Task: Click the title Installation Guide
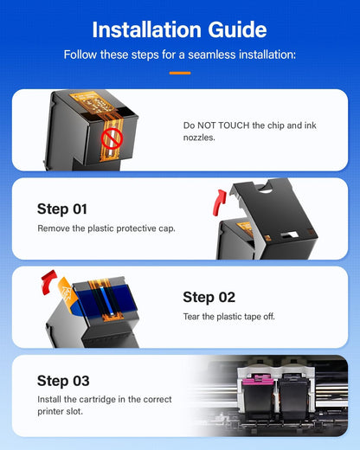click(x=179, y=29)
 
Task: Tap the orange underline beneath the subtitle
click(x=179, y=73)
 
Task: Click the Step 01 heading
click(x=62, y=209)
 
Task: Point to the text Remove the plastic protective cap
click(x=106, y=228)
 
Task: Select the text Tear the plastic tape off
click(x=228, y=317)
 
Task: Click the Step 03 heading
click(x=63, y=380)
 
